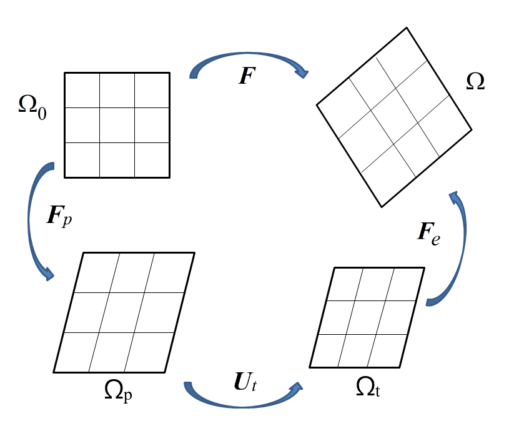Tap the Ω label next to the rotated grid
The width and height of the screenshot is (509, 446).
tap(475, 82)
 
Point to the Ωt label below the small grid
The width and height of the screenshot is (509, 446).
tap(368, 388)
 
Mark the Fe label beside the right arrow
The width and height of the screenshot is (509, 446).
tap(428, 234)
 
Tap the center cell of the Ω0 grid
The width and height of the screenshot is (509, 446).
tap(117, 125)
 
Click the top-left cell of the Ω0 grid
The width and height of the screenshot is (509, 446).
tap(82, 90)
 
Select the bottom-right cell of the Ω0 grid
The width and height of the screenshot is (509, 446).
tap(152, 160)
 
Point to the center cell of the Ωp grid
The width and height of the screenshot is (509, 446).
tap(124, 312)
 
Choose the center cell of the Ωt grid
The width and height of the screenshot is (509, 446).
tap(367, 317)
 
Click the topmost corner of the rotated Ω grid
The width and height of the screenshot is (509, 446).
tap(407, 27)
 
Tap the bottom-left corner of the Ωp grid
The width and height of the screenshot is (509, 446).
tap(54, 372)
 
